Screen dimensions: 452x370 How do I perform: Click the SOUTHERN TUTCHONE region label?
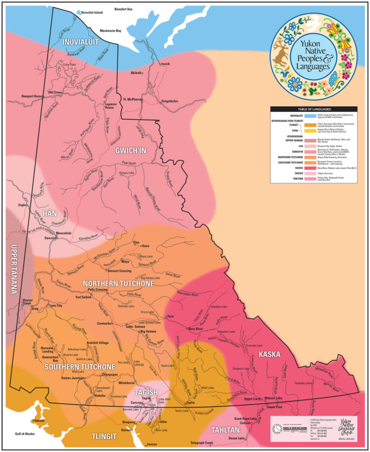(x=72, y=366)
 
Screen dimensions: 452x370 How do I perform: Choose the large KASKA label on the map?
(x=269, y=354)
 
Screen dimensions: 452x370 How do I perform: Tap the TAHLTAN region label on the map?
(x=225, y=429)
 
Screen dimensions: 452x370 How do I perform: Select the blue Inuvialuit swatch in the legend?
(x=310, y=115)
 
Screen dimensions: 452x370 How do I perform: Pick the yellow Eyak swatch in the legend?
(x=310, y=131)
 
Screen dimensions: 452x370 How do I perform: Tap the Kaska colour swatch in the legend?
(x=310, y=167)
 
